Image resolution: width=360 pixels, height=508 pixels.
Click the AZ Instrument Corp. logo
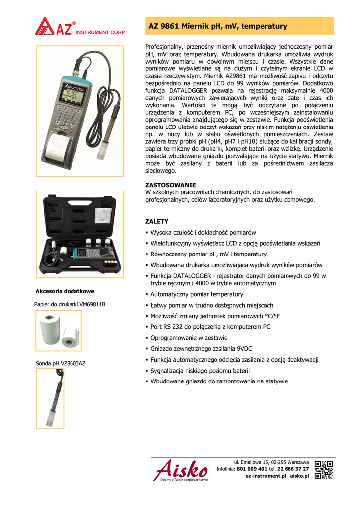pos(79,27)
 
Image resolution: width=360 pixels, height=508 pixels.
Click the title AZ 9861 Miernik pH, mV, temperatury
pos(217,26)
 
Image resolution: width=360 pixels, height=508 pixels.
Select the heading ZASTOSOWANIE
pos(170,185)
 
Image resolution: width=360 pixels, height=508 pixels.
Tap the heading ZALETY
pos(156,221)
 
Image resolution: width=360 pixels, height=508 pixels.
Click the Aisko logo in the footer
pos(181,470)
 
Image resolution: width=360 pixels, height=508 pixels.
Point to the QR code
pos(324,469)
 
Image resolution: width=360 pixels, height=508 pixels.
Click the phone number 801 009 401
pos(252,469)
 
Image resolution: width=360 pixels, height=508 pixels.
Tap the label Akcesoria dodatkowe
pos(65,291)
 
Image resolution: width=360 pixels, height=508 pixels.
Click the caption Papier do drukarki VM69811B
pos(70,304)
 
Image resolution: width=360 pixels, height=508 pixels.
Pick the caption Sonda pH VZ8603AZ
pos(61,363)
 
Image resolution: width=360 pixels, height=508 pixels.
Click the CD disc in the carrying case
pos(103,216)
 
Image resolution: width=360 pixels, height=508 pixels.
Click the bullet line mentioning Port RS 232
pos(210,327)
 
